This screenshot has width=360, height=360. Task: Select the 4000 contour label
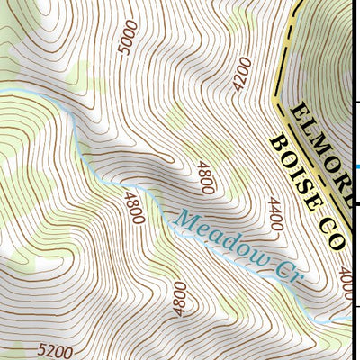tap(347, 281)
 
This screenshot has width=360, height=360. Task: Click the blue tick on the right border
tap(356, 166)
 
